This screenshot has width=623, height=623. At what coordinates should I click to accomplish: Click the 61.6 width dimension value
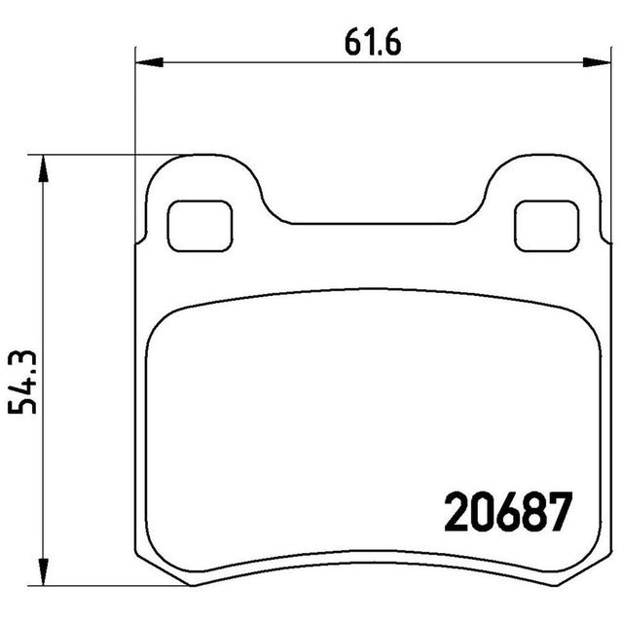click(373, 42)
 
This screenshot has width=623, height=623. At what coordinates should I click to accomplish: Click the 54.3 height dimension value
click(22, 383)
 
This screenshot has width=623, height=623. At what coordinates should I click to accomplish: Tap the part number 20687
click(509, 512)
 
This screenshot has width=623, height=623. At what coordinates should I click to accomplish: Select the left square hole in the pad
click(200, 226)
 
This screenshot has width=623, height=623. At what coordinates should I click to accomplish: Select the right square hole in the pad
click(547, 226)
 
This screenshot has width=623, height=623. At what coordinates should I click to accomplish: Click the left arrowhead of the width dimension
click(149, 62)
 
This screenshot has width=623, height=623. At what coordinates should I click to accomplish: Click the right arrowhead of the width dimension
click(597, 62)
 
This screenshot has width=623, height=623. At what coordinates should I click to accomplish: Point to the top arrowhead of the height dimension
click(43, 168)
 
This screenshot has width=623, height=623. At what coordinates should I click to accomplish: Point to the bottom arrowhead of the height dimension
click(43, 571)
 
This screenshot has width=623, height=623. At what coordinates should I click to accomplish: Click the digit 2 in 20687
click(457, 512)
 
